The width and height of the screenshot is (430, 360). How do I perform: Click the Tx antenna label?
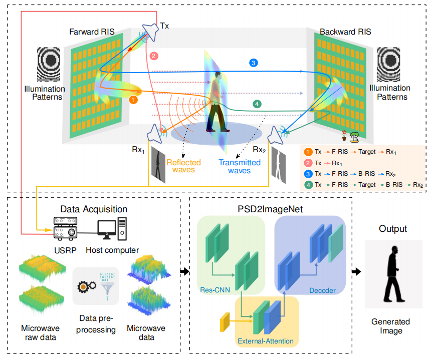point(165,25)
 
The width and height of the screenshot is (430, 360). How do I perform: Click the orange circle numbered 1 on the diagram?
point(133,100)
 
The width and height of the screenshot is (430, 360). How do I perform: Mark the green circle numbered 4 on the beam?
point(257,104)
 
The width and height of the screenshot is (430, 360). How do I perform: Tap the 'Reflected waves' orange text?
point(183,166)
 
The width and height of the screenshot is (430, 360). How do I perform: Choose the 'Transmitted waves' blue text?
point(239,166)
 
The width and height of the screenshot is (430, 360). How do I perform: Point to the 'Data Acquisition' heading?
point(94,209)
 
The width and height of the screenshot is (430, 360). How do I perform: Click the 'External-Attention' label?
point(265,341)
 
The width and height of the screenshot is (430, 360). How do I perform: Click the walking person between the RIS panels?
point(217,102)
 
